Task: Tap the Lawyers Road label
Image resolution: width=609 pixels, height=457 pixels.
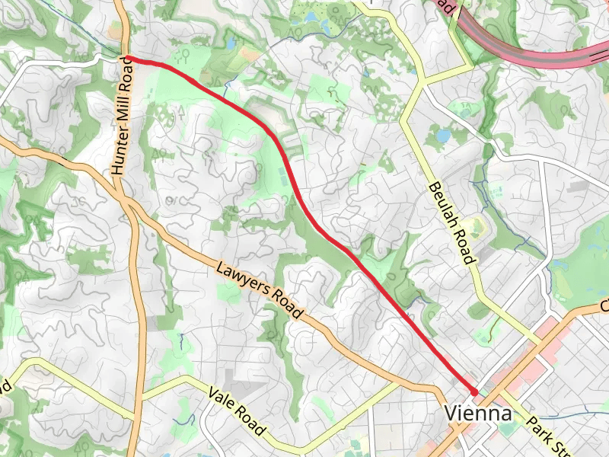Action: [260, 291]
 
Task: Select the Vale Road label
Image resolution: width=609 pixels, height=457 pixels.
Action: [237, 412]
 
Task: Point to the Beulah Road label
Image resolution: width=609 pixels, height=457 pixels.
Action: [451, 222]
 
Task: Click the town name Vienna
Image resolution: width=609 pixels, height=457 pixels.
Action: [477, 414]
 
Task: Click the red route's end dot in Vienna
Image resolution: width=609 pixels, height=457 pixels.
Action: [473, 391]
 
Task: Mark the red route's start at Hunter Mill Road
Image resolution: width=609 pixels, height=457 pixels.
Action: [128, 58]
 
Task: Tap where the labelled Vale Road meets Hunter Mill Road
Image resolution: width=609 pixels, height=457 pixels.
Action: [140, 398]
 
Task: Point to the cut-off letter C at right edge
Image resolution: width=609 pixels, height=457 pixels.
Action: [604, 305]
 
